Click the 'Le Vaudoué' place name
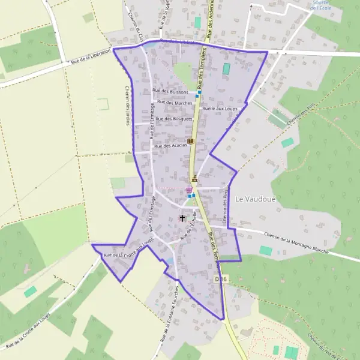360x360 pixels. (x=259, y=199)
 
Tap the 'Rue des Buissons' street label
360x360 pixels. (x=170, y=92)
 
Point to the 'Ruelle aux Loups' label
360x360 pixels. (x=221, y=109)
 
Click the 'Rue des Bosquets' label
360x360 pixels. (x=174, y=119)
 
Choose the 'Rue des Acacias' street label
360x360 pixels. (x=171, y=146)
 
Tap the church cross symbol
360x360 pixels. (x=182, y=218)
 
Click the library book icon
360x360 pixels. (x=191, y=140)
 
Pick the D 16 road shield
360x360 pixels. (x=222, y=279)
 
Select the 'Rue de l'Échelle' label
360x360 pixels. (x=190, y=227)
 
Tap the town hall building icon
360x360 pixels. (x=194, y=178)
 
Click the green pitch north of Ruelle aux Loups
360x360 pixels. (x=226, y=69)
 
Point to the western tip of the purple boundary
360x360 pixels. (x=92, y=245)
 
